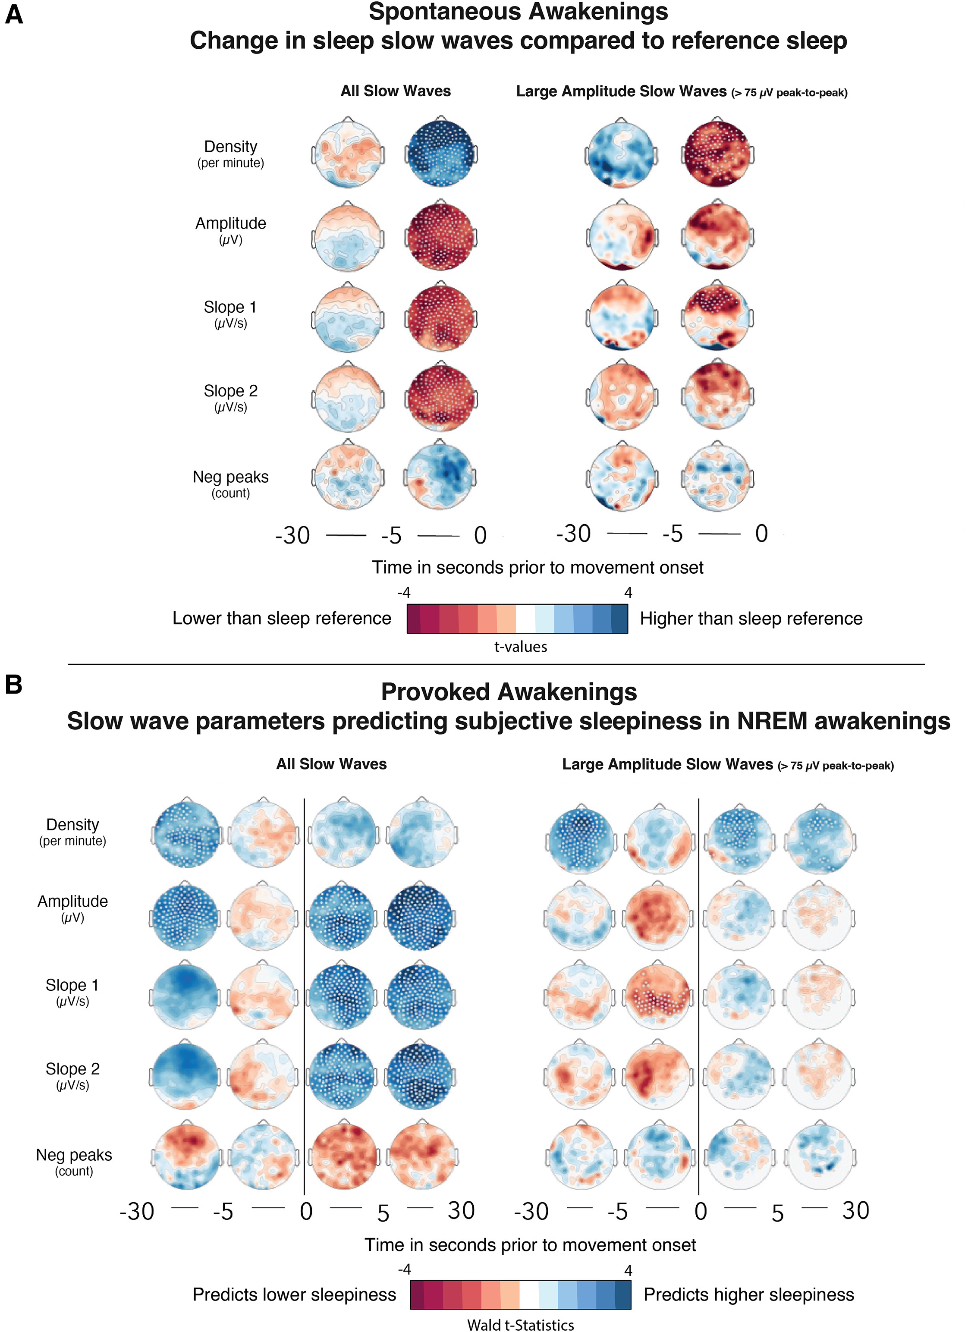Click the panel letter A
[14, 14]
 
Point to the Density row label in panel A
[230, 147]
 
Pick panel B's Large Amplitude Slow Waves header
[667, 764]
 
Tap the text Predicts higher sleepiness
[748, 1294]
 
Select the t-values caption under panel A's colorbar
[520, 647]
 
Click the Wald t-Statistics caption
[520, 1324]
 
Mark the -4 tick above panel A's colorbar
[404, 593]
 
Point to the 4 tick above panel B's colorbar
[628, 1270]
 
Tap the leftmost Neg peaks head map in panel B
[186, 1156]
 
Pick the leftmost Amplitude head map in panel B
[186, 917]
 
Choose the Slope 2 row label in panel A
[230, 391]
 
